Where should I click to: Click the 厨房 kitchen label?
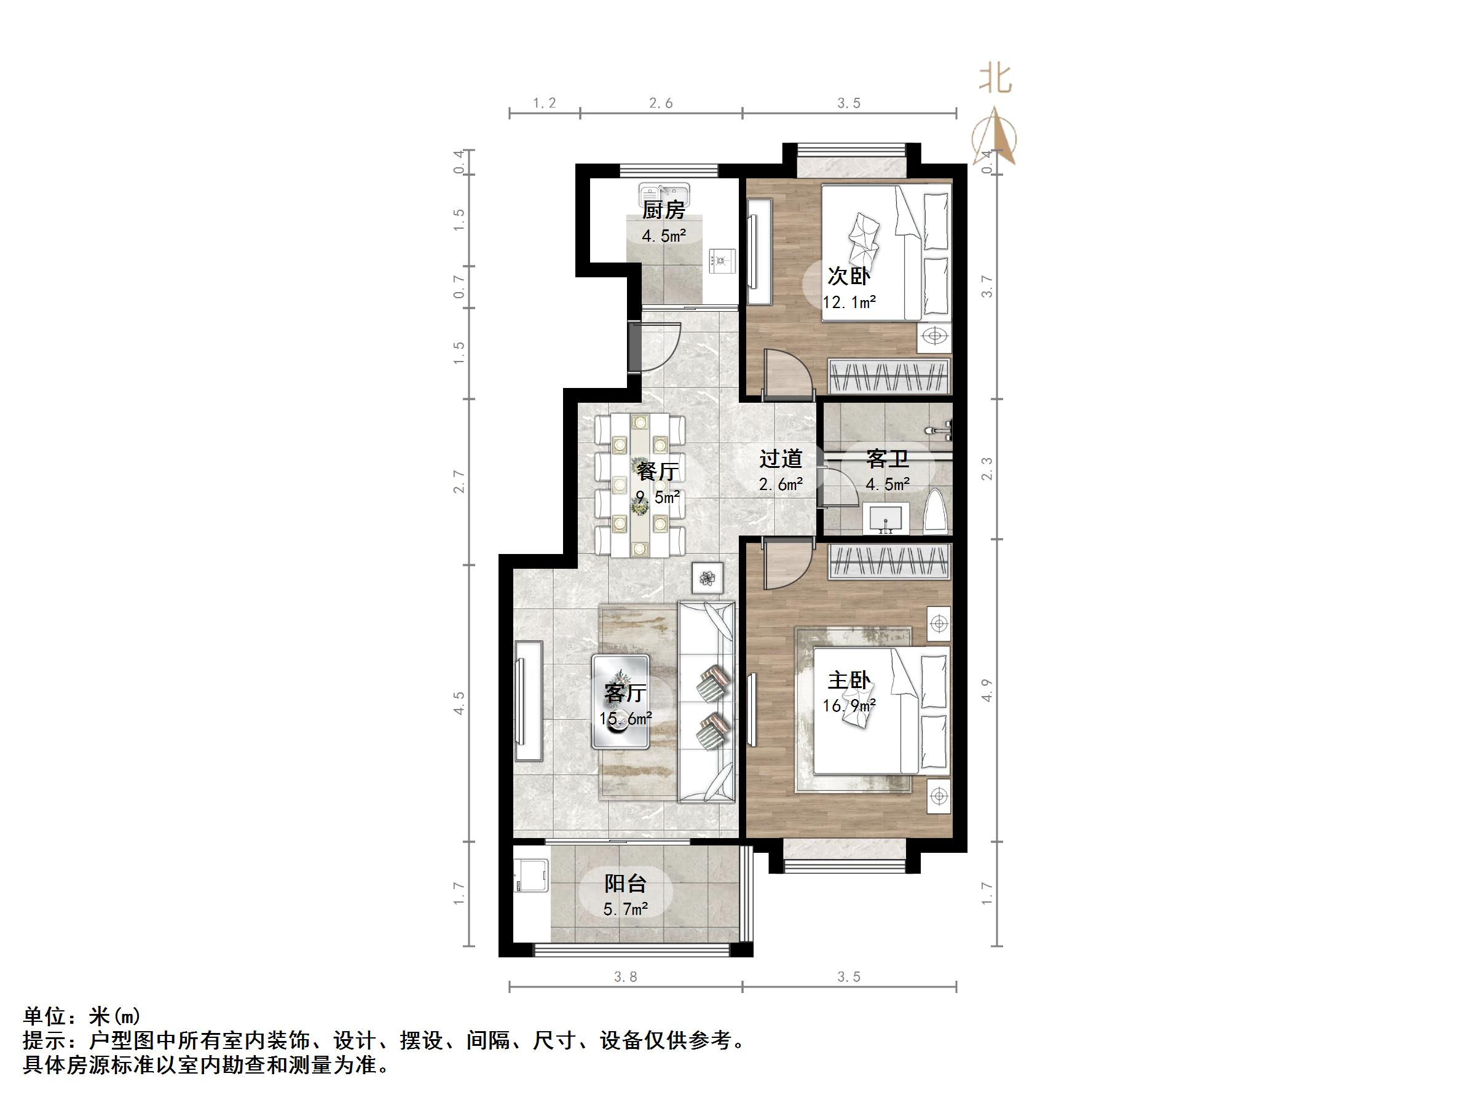click(x=663, y=210)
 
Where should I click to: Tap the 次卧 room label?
click(x=848, y=276)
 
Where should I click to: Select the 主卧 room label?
click(x=849, y=680)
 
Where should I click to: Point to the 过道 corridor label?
click(x=781, y=459)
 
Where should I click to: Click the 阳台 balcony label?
click(x=625, y=884)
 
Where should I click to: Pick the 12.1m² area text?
click(x=849, y=303)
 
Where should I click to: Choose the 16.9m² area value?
click(x=849, y=705)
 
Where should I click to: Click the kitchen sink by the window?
click(x=664, y=194)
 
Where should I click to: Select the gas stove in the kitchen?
click(x=722, y=260)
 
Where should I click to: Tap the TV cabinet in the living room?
click(x=529, y=701)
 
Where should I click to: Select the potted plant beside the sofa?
click(x=709, y=577)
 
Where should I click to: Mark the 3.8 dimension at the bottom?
click(x=625, y=976)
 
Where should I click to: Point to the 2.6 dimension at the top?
click(x=661, y=103)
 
